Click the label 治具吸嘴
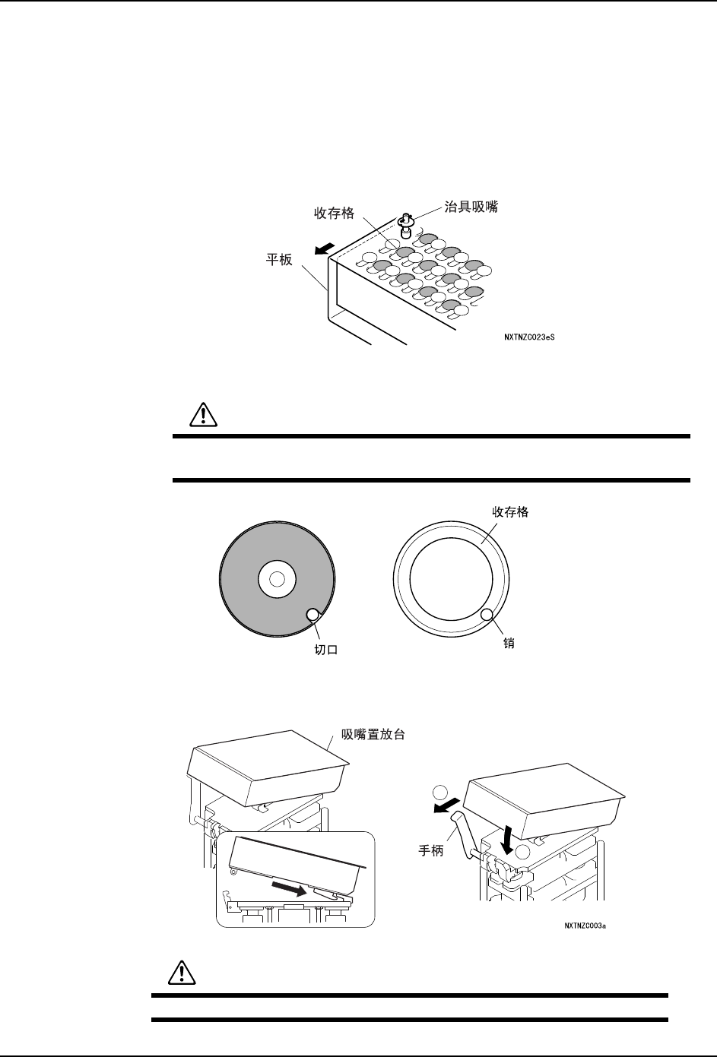tap(471, 207)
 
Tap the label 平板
tap(278, 260)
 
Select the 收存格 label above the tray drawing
tap(335, 214)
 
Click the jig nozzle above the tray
tap(406, 224)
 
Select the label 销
tap(509, 643)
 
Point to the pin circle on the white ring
tap(488, 614)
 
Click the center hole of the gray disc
tap(277, 579)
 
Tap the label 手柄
tap(433, 853)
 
